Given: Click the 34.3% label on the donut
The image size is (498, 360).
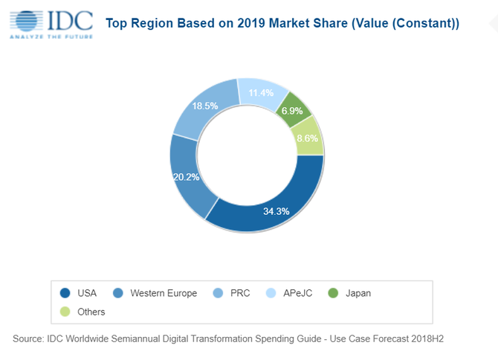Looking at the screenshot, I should (275, 211).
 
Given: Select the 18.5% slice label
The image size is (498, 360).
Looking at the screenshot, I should (204, 106).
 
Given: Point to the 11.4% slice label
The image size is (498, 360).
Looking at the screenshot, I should (261, 93).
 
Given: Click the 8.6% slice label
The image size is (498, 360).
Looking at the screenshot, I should (307, 138).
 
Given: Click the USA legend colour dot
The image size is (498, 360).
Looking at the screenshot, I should (65, 293).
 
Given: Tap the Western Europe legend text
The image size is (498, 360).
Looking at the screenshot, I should (164, 293).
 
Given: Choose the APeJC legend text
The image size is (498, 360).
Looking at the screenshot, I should (297, 293).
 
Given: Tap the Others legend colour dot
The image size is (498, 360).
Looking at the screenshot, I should (65, 312).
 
